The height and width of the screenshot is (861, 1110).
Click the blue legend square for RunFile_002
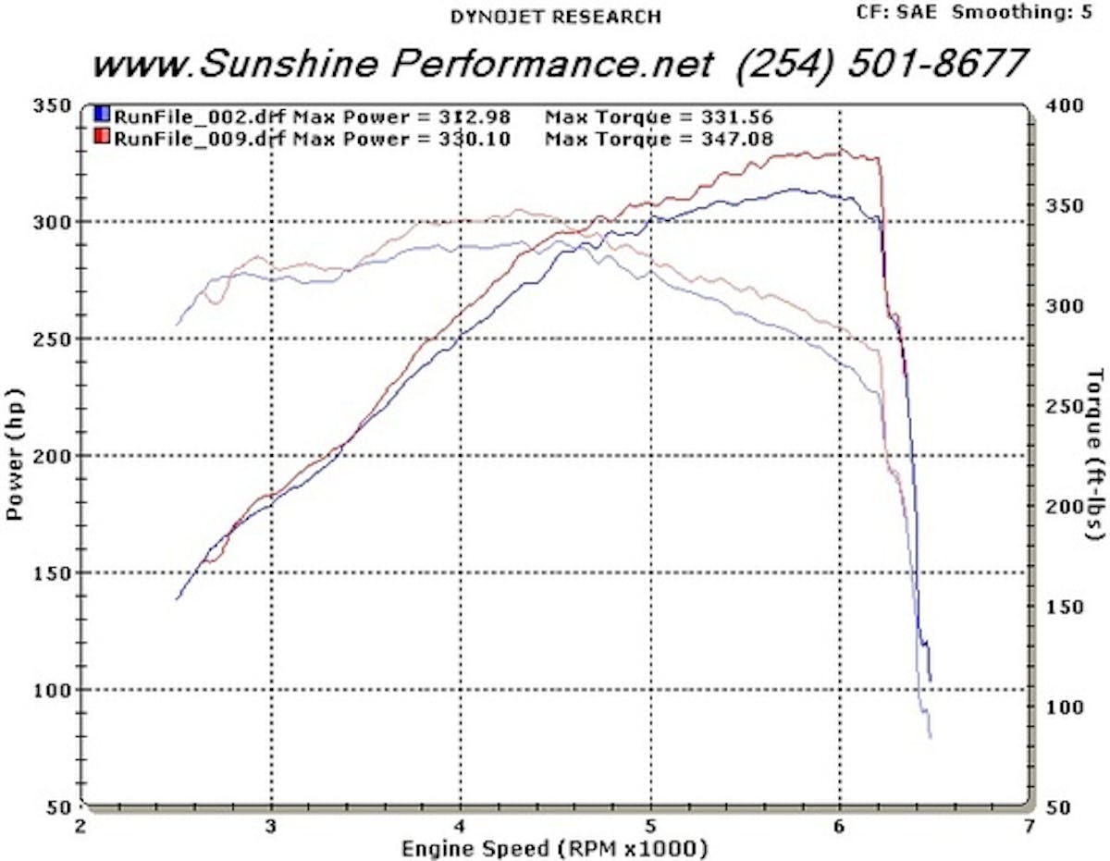(x=102, y=116)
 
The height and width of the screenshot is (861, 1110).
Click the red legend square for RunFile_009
(x=102, y=139)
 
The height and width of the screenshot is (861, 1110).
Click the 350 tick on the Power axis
(x=54, y=105)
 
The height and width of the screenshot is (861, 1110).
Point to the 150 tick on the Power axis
(x=54, y=573)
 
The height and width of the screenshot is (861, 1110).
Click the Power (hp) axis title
(x=16, y=455)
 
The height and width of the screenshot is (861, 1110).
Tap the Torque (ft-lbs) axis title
(x=1096, y=453)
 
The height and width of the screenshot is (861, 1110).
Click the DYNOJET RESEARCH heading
(x=555, y=17)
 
